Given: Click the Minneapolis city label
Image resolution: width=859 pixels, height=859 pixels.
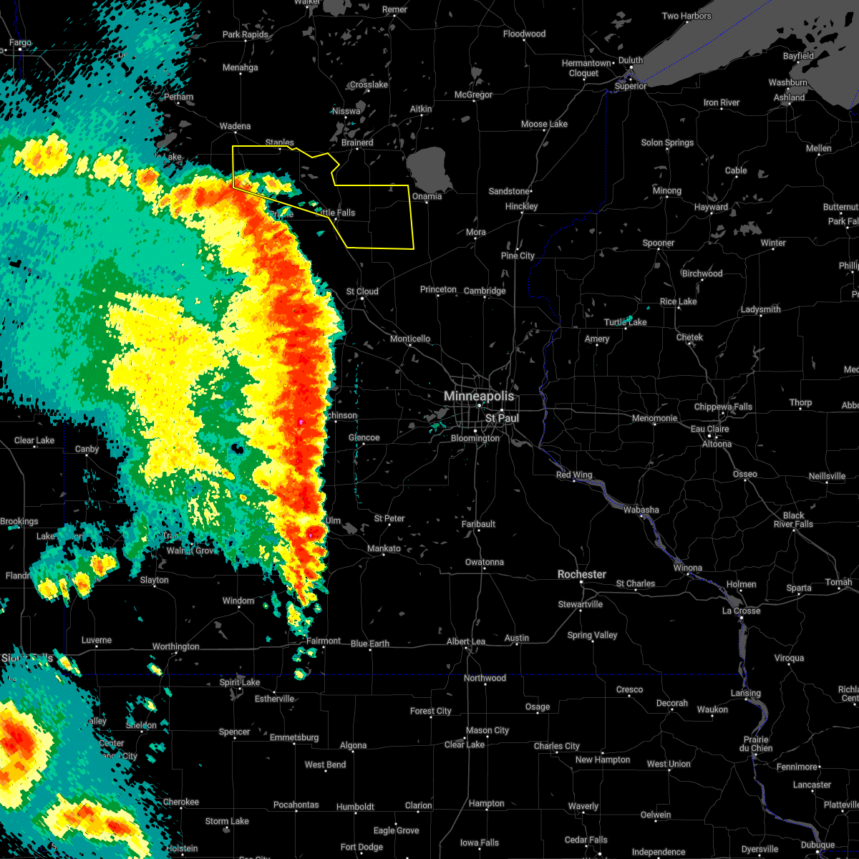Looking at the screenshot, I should pos(479,396).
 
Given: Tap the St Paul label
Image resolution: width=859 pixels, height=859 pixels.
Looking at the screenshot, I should pos(502,418).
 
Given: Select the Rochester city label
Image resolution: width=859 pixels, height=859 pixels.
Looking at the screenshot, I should pos(582,574).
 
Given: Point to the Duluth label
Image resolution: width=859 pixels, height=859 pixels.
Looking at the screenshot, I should pos(631,61).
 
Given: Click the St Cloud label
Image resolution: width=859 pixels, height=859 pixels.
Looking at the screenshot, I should pos(361,291).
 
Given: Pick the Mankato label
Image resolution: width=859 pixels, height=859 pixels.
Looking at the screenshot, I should pos(384,548).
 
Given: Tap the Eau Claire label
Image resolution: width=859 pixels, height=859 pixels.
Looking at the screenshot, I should pos(709,429).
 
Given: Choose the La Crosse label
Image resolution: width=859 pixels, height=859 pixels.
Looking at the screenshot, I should pos(741,611).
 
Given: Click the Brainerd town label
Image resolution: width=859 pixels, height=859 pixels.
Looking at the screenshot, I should pos(357,142).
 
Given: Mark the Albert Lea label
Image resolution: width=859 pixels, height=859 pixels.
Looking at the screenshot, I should pos(466,641).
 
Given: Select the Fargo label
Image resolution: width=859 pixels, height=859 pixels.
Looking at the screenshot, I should pos(20,43).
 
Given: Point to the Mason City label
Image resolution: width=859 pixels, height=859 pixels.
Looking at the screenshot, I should pos(487,730).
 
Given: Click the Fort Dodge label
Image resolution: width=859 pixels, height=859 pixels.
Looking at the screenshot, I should pos(361,847).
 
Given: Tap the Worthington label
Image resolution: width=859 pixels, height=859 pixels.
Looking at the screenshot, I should pos(175,646).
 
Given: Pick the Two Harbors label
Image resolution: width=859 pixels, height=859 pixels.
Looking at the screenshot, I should pos(686,16).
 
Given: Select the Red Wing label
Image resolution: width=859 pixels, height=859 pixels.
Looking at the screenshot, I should pos(573,475).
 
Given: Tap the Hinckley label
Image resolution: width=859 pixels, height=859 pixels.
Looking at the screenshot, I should pos(521,206).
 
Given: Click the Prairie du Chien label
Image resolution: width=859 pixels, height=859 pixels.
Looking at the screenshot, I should pos(757,744).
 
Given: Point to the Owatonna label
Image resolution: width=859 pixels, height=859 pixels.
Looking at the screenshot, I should pos(485,562).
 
